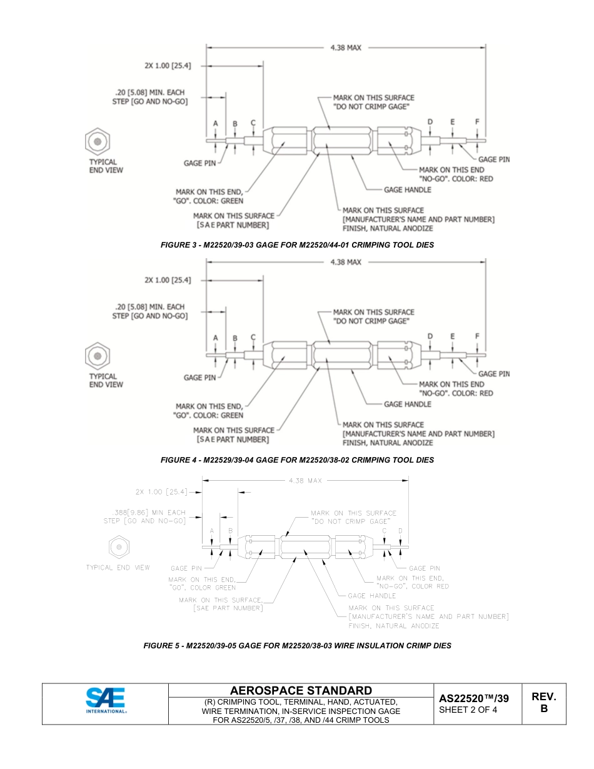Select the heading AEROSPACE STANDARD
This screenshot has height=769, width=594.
[301, 691]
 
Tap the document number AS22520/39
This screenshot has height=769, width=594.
[473, 698]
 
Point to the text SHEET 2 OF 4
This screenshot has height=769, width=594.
[468, 710]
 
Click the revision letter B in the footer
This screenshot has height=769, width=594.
[543, 709]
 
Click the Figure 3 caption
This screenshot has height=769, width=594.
[297, 245]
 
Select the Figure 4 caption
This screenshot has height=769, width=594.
[297, 460]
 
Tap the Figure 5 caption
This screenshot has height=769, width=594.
[297, 646]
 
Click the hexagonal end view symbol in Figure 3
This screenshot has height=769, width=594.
[98, 141]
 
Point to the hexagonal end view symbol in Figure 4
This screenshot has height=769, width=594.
[98, 356]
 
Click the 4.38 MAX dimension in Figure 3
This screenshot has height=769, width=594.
[346, 48]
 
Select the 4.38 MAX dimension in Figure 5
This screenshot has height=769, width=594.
[305, 481]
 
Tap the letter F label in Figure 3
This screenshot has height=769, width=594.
[477, 121]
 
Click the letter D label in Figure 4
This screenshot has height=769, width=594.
[430, 336]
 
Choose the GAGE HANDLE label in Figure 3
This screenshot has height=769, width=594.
[408, 189]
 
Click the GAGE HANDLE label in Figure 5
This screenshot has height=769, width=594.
[372, 596]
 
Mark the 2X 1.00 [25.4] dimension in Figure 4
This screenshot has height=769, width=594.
[168, 280]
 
